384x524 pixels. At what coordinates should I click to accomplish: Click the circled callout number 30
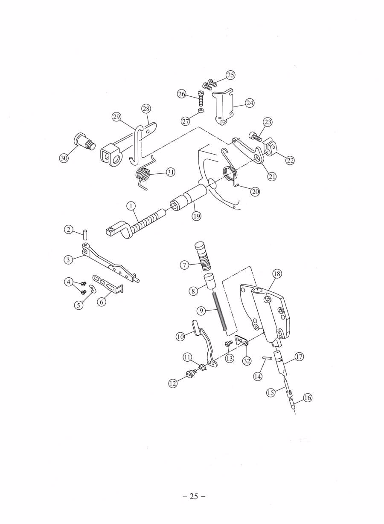tap(64, 158)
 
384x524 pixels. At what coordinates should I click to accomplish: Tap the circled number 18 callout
tap(277, 274)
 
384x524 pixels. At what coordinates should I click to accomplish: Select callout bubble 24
tap(250, 103)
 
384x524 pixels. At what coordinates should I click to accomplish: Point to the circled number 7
tap(184, 265)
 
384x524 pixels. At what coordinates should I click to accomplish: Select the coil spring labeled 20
tap(230, 171)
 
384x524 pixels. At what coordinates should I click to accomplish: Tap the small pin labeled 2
tap(85, 234)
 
